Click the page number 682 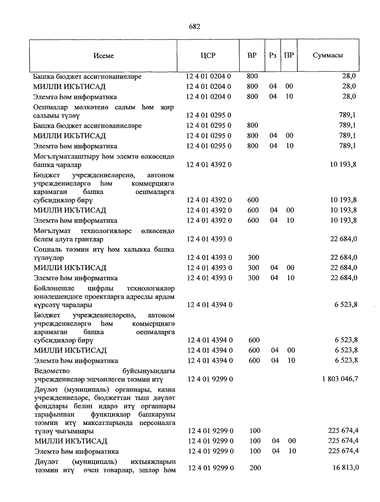coord(194,27)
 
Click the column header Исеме coord(104,56)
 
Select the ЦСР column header coord(208,55)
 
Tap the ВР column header coord(252,55)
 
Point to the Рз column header coord(273,55)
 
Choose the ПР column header coord(289,55)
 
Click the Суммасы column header coord(328,55)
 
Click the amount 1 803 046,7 coord(340,379)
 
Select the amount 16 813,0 coord(345,467)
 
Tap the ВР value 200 coord(255,467)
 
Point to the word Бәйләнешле coord(54,288)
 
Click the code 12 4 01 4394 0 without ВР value coord(210,305)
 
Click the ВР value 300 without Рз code coord(253,258)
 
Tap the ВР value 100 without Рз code coord(255,431)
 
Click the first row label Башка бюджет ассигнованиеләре coord(87,76)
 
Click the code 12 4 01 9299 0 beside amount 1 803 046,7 coord(211,379)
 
